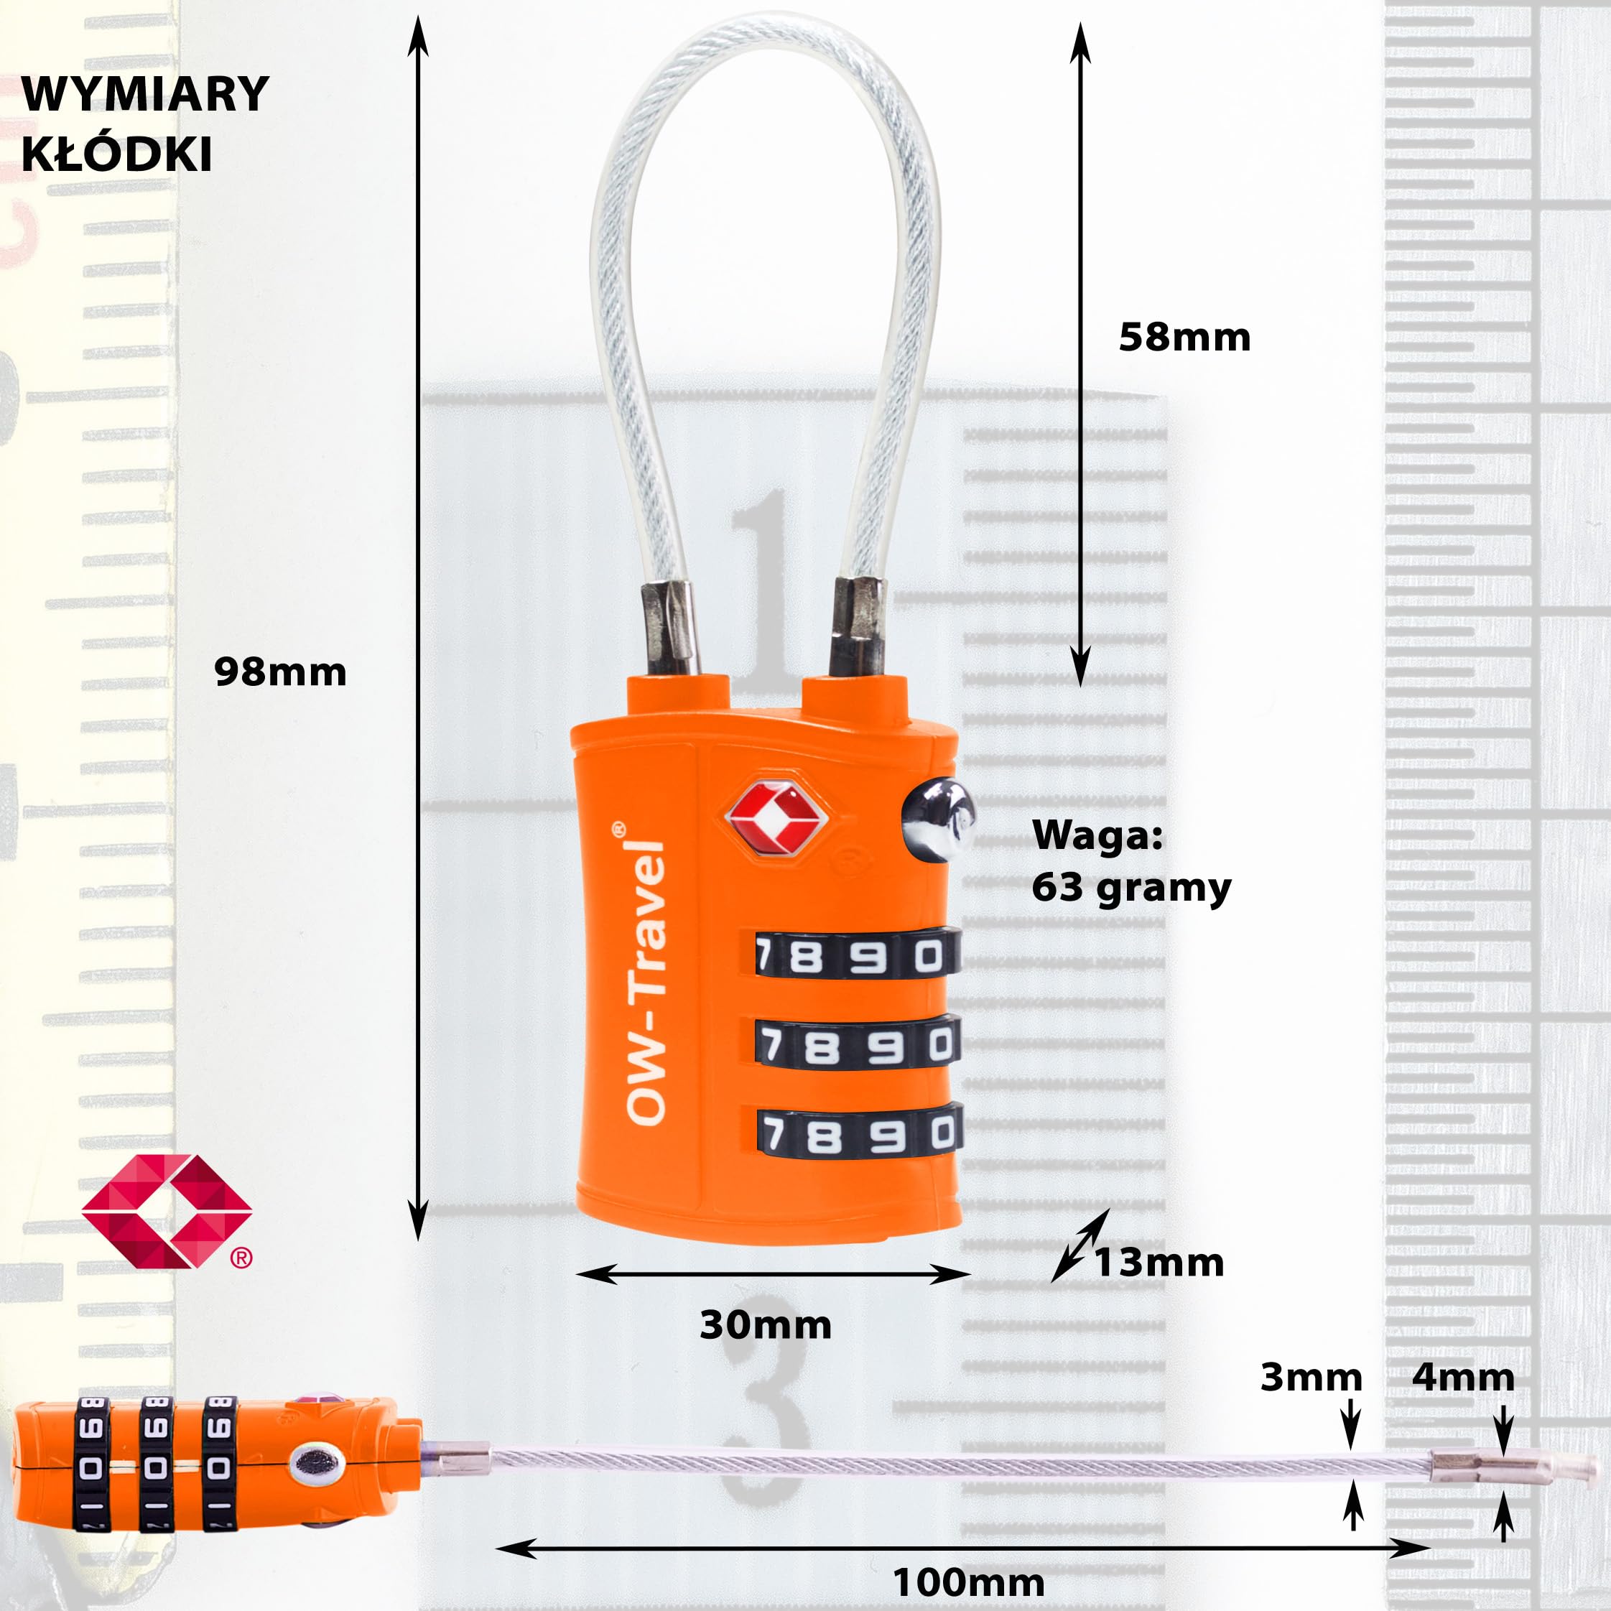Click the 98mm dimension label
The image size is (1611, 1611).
point(280,672)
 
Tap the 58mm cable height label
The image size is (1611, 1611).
point(1184,338)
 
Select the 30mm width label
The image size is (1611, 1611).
point(766,1325)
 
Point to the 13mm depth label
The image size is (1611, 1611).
point(1159,1263)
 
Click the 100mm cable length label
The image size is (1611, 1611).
point(968,1582)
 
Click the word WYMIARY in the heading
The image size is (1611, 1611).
point(145,93)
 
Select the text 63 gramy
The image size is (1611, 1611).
point(1131,888)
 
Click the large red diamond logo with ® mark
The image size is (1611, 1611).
point(167,1212)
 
